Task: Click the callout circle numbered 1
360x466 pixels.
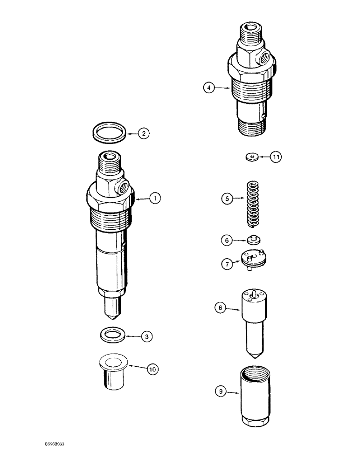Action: tap(155, 198)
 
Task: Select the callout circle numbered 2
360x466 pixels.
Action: tap(144, 133)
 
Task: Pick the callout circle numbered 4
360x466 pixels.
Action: tap(209, 87)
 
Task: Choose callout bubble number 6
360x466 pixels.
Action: tap(227, 240)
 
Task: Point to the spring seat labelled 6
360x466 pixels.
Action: tap(254, 240)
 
